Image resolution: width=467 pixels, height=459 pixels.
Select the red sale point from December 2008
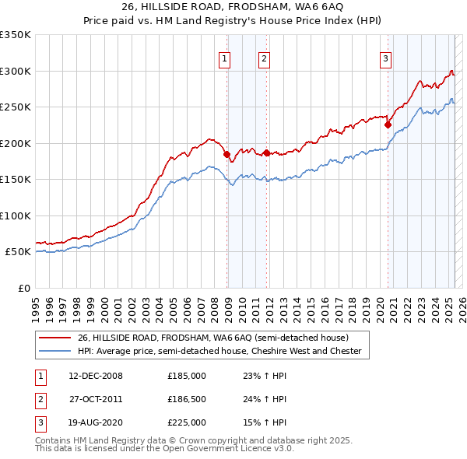click(227, 155)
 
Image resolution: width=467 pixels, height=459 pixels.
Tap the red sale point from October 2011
click(266, 153)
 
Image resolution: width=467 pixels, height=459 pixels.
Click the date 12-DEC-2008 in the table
click(96, 376)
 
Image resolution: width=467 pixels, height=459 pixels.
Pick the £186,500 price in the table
click(187, 399)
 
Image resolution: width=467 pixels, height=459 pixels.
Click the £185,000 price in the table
click(187, 376)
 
